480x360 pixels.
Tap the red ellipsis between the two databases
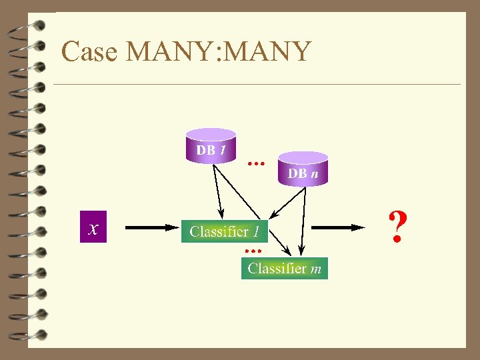(x=256, y=161)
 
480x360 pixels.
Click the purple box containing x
(x=93, y=227)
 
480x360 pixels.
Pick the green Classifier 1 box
(x=225, y=231)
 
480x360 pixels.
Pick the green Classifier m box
(x=284, y=268)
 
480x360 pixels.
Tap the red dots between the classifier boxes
(x=252, y=250)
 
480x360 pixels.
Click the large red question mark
(x=397, y=227)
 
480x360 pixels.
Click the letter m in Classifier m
(x=316, y=269)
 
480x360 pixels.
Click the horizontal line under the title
(x=257, y=85)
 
